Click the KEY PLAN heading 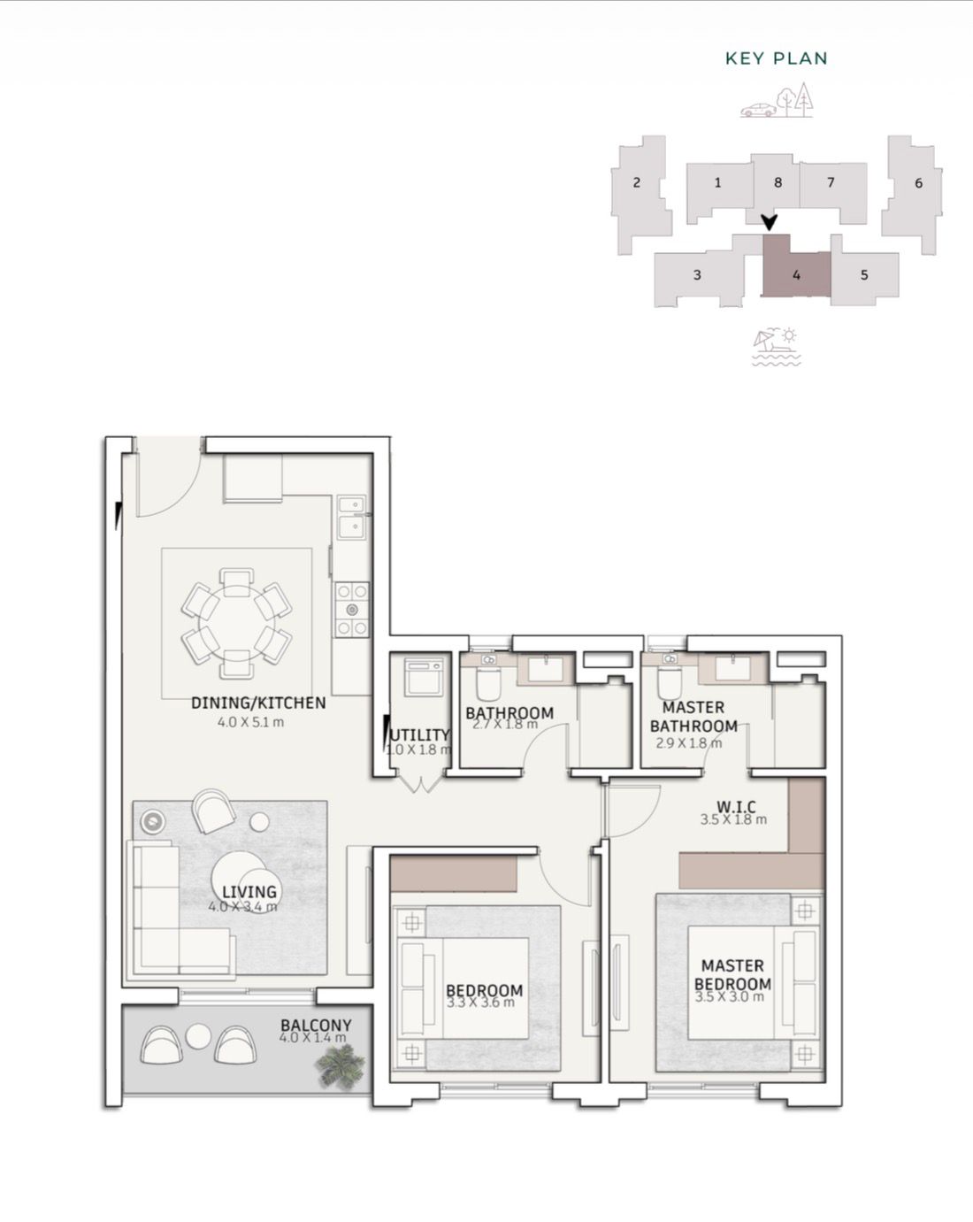click(776, 58)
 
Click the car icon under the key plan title click(758, 110)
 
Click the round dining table click(237, 624)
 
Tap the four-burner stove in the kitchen click(351, 610)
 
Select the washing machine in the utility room click(424, 677)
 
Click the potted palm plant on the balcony click(340, 1068)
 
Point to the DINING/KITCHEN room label click(258, 703)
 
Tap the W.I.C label click(736, 807)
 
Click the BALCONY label click(316, 1026)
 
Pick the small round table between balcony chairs click(198, 1036)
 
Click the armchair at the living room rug click(213, 811)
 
